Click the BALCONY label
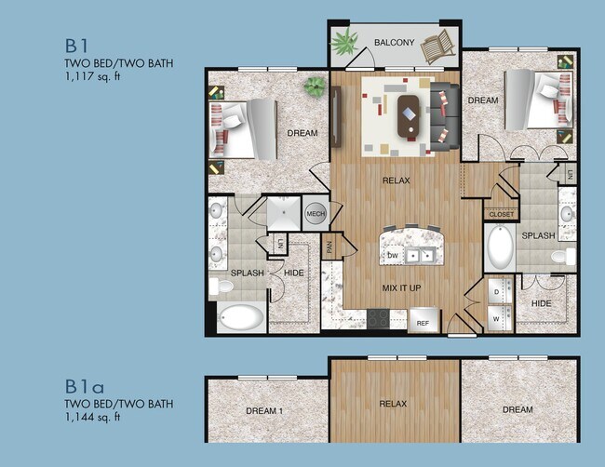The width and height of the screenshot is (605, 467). pos(395,43)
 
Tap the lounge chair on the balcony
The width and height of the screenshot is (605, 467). pos(437,45)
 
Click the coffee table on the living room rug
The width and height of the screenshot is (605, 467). pos(408,115)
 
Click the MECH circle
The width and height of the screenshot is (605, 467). pos(315,214)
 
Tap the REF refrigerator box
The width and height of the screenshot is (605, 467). pos(423,323)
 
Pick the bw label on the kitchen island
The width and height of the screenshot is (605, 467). pos(393,254)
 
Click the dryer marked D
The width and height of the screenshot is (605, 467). pos(496,291)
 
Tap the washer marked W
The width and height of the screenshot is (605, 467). pos(496,317)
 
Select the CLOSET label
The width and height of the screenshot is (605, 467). pos(500,214)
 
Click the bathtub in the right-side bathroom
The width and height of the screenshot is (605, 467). pos(501,247)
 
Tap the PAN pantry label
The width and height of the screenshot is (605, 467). pos(329,247)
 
